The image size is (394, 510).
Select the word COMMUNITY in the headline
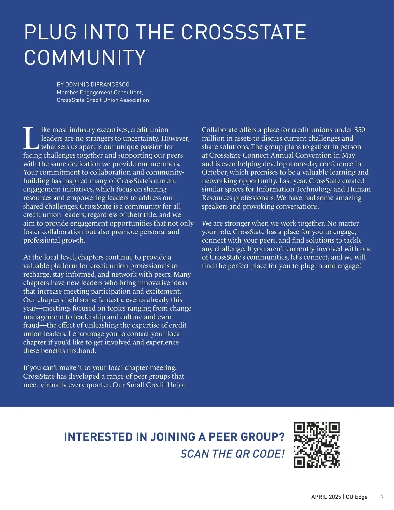[85, 57]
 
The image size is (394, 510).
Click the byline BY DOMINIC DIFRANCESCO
[93, 85]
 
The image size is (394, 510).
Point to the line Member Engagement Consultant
[100, 93]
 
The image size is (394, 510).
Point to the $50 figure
[360, 130]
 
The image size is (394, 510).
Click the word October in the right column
[215, 172]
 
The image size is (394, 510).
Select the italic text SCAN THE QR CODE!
[232, 454]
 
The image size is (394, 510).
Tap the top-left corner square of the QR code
[299, 427]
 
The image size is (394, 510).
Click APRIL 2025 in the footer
[326, 497]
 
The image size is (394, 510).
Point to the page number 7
[382, 497]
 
